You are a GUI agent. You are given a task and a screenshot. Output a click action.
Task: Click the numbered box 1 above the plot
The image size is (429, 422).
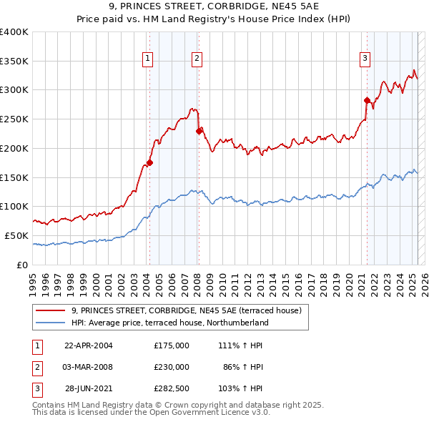click(x=147, y=59)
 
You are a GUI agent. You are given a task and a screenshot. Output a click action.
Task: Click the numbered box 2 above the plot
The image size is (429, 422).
click(x=196, y=59)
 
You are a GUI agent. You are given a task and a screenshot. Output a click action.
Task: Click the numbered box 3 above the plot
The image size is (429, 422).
click(x=365, y=59)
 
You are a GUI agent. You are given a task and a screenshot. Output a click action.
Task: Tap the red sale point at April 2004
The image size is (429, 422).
click(x=150, y=162)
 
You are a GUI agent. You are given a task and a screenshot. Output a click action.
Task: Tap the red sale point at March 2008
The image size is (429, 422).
click(x=199, y=130)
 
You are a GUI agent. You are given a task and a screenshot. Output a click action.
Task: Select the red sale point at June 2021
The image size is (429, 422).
click(x=367, y=100)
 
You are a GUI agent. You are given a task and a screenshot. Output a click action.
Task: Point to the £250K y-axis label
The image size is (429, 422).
click(x=14, y=119)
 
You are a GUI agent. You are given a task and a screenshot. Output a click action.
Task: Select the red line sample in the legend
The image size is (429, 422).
click(x=50, y=310)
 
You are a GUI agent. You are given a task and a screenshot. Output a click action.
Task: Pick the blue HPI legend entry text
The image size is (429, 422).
click(x=169, y=323)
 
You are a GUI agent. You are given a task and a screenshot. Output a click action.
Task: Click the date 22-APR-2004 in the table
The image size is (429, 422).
click(x=89, y=345)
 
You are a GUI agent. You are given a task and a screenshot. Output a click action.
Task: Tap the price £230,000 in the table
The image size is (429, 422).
click(x=172, y=366)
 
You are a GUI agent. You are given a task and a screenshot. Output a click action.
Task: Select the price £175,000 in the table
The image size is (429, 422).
click(x=172, y=345)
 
